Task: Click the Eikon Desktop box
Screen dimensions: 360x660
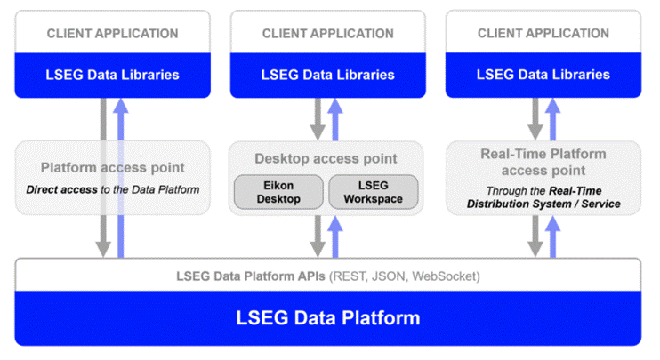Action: coord(278,191)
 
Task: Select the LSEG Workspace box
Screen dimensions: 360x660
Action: coord(372,191)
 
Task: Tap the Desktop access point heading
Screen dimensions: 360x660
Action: coord(326,158)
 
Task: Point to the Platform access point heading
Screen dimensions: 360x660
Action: coord(113,167)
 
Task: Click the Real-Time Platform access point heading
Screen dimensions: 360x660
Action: coord(543,161)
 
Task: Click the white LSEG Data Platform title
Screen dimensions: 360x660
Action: coord(327,317)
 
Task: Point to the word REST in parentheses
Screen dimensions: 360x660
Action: coord(350,276)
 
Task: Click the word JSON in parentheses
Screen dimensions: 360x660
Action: coord(389,276)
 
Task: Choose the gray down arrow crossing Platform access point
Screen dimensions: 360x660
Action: coord(104,178)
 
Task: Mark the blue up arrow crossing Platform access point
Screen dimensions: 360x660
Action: coord(121,178)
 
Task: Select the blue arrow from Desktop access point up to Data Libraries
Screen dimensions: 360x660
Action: coord(334,117)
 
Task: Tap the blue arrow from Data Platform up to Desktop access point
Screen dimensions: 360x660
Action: coord(334,236)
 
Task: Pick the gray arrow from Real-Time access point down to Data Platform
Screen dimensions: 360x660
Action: coord(535,236)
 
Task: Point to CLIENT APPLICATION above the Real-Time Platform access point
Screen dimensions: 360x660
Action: coord(543,34)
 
